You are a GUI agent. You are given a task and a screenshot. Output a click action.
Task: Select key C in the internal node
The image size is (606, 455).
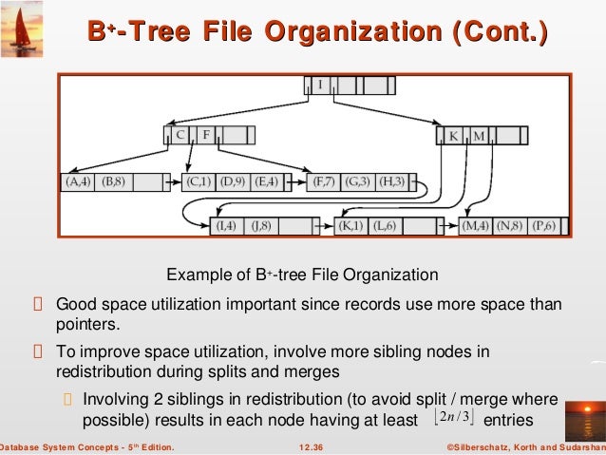pyautogui.click(x=179, y=135)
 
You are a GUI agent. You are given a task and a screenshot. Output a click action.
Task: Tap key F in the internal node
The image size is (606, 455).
pyautogui.click(x=206, y=135)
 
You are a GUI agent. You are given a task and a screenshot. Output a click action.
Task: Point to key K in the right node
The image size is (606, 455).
pyautogui.click(x=454, y=136)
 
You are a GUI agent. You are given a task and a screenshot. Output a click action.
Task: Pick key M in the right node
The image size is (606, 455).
pyautogui.click(x=479, y=136)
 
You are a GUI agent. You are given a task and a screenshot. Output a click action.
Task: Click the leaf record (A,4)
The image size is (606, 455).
pyautogui.click(x=78, y=180)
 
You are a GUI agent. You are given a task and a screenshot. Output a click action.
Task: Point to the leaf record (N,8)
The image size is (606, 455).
pyautogui.click(x=512, y=226)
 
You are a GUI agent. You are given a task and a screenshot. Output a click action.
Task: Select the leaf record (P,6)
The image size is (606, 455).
pyautogui.click(x=545, y=226)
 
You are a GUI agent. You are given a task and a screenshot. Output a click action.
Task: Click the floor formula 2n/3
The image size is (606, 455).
pyautogui.click(x=452, y=419)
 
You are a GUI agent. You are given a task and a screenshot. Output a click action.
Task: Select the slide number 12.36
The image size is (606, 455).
pyautogui.click(x=311, y=446)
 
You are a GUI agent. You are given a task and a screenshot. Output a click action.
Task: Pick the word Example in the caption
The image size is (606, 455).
pyautogui.click(x=195, y=275)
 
